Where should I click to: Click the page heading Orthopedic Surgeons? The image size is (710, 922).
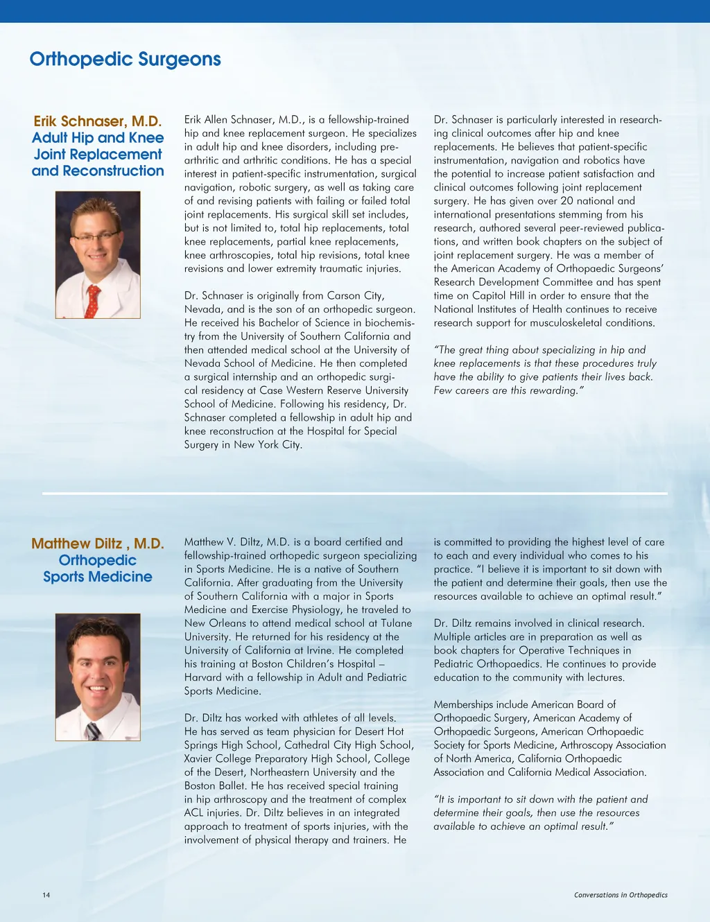point(125,60)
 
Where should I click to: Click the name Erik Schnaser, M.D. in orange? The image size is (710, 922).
point(98,121)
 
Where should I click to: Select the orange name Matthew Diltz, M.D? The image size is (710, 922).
point(98,543)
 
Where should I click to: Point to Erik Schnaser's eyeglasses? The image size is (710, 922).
point(96,236)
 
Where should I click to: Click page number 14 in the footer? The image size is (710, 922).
point(46,895)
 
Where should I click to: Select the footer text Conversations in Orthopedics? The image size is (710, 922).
point(621,895)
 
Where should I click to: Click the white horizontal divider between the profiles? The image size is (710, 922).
point(354,494)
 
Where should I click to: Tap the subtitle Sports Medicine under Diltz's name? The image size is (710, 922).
point(98,577)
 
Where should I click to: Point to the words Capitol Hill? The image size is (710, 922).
point(490,296)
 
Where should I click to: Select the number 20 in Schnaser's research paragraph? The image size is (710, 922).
point(566,201)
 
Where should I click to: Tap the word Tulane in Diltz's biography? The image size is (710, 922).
point(397,623)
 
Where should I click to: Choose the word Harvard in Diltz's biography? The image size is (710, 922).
point(205,677)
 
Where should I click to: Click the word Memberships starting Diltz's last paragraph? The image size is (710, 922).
point(463,705)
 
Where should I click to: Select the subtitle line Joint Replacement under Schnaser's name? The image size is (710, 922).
point(98,155)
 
